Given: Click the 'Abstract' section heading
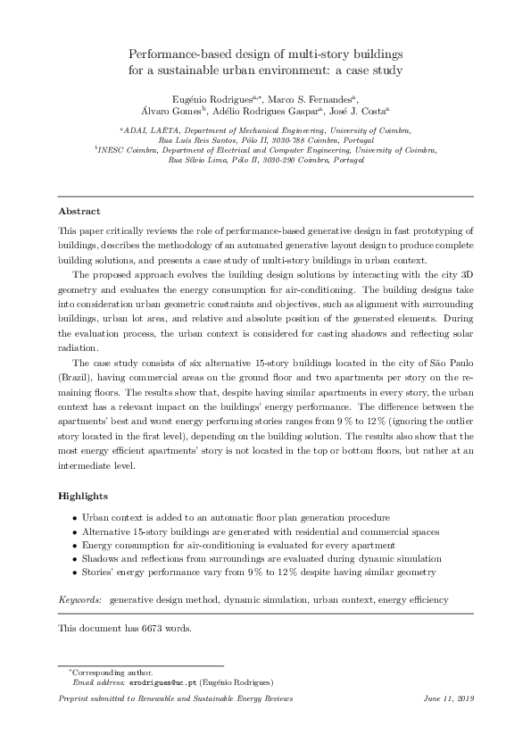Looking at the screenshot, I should (x=79, y=212).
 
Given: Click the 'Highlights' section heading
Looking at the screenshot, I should (x=83, y=495).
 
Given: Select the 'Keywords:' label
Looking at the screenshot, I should (x=80, y=601).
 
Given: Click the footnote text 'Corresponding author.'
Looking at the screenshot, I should (x=112, y=672).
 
